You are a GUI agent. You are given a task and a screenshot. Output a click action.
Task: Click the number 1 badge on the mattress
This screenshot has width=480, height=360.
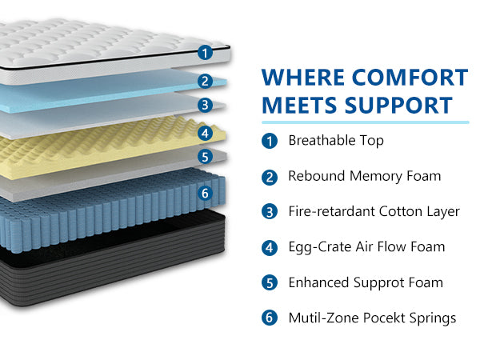(205, 53)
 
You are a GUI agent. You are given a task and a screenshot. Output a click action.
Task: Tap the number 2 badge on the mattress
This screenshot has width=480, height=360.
(205, 80)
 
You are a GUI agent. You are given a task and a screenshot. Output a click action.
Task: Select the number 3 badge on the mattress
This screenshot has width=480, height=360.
(205, 105)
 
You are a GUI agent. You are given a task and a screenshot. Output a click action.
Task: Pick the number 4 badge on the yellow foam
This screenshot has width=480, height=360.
(205, 133)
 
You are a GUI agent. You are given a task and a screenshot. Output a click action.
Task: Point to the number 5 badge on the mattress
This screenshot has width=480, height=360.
(205, 158)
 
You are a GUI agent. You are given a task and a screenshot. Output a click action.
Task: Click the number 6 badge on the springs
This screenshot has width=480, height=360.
(205, 193)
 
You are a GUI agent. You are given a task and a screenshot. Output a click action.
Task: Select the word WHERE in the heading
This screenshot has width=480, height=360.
(302, 78)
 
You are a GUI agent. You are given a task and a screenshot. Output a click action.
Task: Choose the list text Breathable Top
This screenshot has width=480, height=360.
(336, 141)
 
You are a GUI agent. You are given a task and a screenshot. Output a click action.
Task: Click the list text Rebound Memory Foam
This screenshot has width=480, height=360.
(364, 176)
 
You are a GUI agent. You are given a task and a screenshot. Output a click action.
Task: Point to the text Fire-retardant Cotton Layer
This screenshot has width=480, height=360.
(374, 211)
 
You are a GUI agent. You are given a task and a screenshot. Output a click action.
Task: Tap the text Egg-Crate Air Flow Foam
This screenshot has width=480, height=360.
(366, 247)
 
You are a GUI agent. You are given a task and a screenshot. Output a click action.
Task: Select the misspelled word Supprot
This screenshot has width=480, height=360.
(385, 283)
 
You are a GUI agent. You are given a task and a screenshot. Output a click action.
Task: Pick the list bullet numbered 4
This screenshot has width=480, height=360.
(270, 247)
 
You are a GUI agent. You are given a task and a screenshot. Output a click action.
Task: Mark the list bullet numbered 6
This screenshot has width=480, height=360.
(270, 318)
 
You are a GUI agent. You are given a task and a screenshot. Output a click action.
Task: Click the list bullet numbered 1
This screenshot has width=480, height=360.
(270, 141)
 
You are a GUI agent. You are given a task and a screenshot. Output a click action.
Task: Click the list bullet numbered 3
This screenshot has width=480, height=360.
(270, 211)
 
